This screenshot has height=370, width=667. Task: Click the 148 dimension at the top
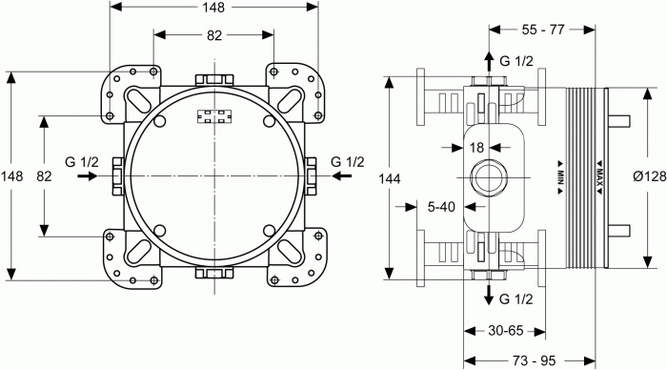point(214,8)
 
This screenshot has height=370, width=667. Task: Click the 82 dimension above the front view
point(214,36)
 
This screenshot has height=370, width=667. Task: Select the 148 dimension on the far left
point(11,175)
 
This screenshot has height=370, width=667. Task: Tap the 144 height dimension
point(390,178)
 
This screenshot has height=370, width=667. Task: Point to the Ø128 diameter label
point(650,175)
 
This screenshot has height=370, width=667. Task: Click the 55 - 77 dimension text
point(543,30)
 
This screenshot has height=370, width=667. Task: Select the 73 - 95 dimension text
point(535,360)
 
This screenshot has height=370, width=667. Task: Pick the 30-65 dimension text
point(505,330)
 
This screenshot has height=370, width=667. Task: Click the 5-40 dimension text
point(441,207)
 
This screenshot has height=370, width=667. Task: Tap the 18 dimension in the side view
point(476,148)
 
